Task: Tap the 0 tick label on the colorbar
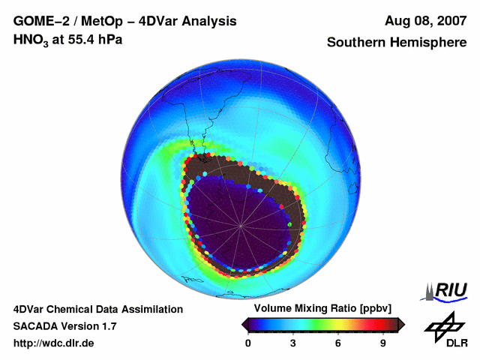[x=248, y=343]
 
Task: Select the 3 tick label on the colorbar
[x=293, y=343]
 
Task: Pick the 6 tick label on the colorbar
[x=338, y=343]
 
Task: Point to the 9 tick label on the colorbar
[x=382, y=343]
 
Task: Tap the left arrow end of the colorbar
[x=245, y=324]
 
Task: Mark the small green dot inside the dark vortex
[x=289, y=223]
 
